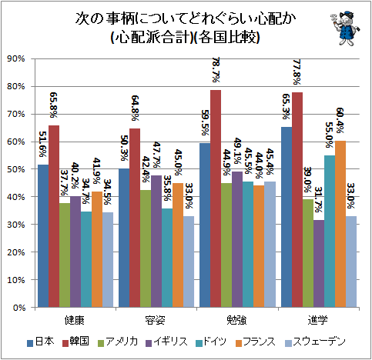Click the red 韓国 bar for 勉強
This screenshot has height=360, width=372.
(x=216, y=198)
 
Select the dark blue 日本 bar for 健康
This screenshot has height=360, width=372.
(x=43, y=236)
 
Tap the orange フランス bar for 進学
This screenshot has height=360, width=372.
(x=340, y=224)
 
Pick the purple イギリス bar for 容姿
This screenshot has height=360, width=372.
(x=156, y=242)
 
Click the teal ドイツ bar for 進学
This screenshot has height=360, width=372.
(x=330, y=232)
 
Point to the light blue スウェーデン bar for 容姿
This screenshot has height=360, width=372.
(x=189, y=262)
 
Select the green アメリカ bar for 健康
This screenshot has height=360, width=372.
(x=65, y=255)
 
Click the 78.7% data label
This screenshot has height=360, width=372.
(x=216, y=69)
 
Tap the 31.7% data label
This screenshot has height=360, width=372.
(x=318, y=200)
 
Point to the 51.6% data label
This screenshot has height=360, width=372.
(x=42, y=144)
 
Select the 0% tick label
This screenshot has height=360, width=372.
(x=19, y=307)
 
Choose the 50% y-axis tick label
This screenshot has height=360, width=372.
(x=16, y=169)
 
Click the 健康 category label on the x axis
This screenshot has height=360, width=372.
(x=75, y=320)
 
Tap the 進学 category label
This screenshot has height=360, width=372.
(x=318, y=320)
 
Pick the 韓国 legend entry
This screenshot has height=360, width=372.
(x=76, y=342)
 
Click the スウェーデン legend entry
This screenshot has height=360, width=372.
(x=315, y=342)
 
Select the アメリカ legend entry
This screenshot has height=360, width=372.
(x=118, y=342)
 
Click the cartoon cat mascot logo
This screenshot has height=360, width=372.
(x=345, y=28)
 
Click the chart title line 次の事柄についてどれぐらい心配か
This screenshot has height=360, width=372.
(x=186, y=19)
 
